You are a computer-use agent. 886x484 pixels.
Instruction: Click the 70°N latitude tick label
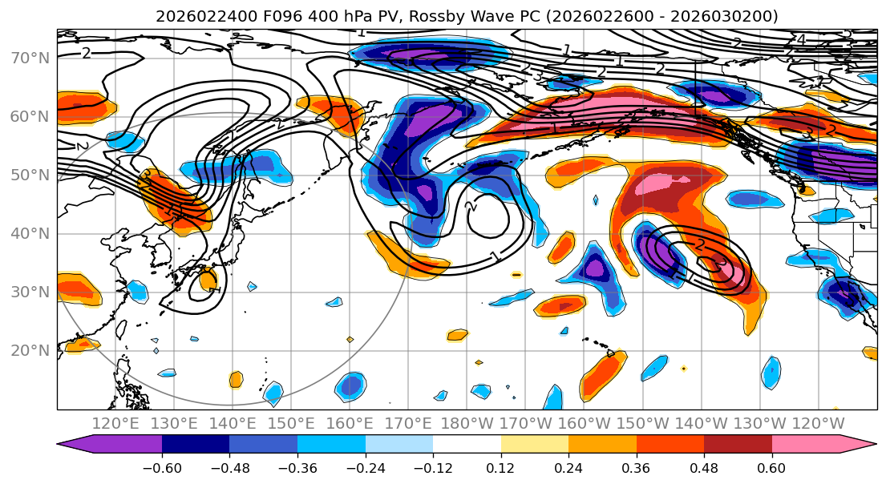(x=30, y=58)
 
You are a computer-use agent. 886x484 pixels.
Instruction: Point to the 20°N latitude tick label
(x=30, y=350)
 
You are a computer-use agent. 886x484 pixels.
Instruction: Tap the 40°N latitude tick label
(x=30, y=233)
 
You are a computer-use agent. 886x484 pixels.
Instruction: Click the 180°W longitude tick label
(x=467, y=423)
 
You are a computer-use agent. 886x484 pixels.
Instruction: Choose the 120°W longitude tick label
(x=818, y=423)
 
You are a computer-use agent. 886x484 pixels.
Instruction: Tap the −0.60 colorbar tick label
(x=162, y=466)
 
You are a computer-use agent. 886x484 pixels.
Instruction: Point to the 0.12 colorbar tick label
(x=501, y=466)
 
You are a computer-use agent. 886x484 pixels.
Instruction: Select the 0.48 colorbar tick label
(x=704, y=466)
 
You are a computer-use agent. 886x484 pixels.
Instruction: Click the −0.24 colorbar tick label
(x=366, y=466)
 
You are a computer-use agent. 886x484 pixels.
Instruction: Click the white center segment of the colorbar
(x=467, y=445)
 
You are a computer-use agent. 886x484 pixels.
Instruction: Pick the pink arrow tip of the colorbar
(x=865, y=445)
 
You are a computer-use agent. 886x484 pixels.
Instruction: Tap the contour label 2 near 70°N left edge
(x=86, y=53)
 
